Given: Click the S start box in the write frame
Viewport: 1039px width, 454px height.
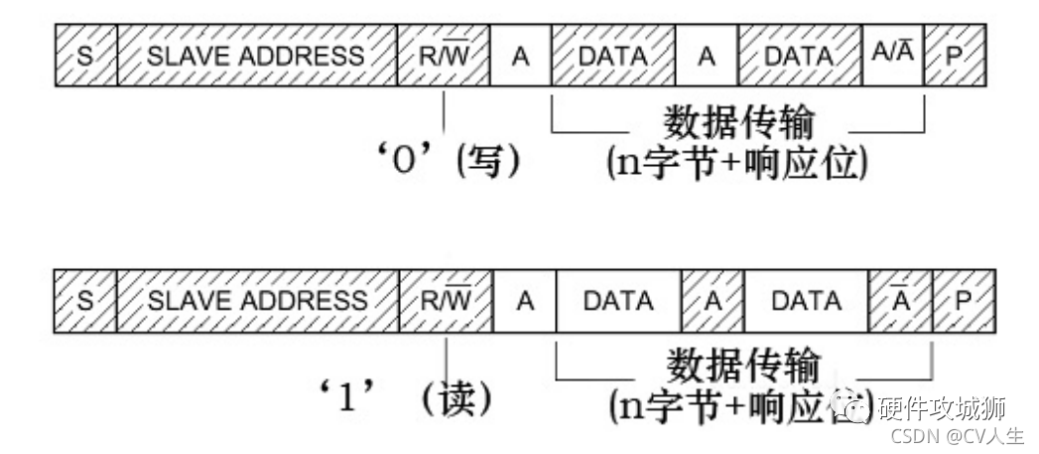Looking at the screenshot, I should pos(85,56).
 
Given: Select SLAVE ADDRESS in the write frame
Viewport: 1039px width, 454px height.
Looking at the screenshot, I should pos(256,56).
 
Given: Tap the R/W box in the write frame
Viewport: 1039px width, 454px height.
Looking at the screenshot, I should pos(444,56).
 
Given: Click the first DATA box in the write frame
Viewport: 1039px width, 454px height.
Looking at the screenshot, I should pos(612,56).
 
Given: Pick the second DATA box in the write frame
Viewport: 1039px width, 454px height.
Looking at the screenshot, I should pos(799,56).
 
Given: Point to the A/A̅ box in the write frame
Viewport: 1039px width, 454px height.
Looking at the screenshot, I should pos(892,56).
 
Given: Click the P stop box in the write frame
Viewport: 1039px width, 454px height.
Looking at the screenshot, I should pos(955,56).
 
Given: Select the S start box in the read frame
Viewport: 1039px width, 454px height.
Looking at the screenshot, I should pos(85,300).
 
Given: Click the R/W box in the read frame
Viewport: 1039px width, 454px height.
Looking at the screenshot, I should pos(447,300).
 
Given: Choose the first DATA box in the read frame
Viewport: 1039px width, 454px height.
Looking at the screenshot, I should pos(618,300).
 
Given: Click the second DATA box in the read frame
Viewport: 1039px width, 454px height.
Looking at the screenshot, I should pos(806,300).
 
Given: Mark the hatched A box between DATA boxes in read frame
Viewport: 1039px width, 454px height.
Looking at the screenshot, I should pos(712,300).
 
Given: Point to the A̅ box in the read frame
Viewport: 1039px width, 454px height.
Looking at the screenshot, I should pos(900,300).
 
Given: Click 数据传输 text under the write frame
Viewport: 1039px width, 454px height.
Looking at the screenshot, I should pos(738,123).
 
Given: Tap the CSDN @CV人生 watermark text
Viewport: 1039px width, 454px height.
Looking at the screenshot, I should pos(956,435).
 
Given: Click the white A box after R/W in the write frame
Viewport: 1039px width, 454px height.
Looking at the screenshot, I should pos(520,56).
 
